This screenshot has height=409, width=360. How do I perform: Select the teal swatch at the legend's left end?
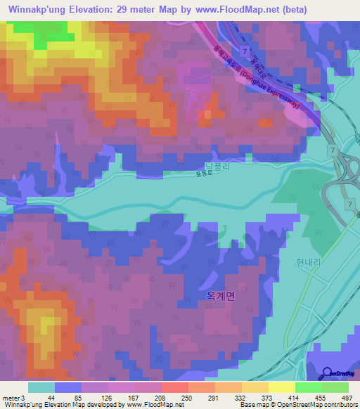click(x=41, y=387)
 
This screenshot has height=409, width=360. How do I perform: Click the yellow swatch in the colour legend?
click(x=281, y=387)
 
